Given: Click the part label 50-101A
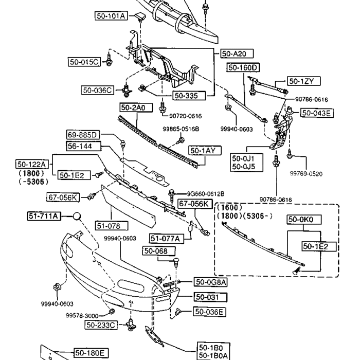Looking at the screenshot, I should (x=111, y=16).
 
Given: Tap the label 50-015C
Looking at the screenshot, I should (x=84, y=62).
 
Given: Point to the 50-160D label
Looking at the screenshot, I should (x=243, y=67).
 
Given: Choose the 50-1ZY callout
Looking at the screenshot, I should (x=304, y=81).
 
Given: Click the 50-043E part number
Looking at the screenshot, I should (x=317, y=113).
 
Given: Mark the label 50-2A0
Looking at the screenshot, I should (x=133, y=107).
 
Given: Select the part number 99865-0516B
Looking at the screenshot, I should (x=181, y=129).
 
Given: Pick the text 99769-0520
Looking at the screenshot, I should (x=305, y=174).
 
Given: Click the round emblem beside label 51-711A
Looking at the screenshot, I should (x=77, y=216).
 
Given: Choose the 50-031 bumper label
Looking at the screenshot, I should (x=210, y=297).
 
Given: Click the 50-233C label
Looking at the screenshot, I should (x=101, y=325).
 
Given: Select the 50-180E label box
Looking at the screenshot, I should (x=91, y=352).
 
